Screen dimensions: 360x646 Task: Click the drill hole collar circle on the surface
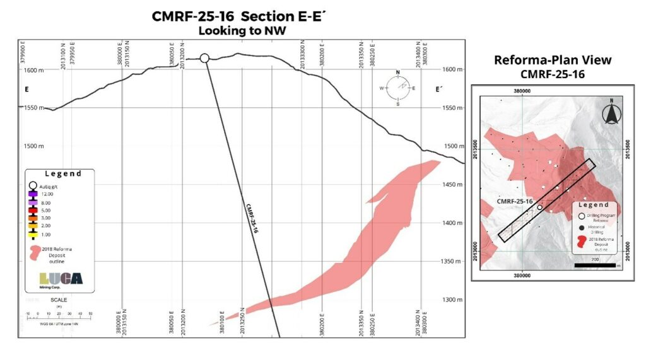[x=204, y=58]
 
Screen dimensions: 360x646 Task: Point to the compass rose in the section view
[x=397, y=88]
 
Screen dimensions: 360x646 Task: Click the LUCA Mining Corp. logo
[x=61, y=279]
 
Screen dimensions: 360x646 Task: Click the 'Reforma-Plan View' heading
[x=553, y=61]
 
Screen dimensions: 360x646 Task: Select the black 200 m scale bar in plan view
[x=596, y=265]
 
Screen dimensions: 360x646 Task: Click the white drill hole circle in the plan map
[x=540, y=207]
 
